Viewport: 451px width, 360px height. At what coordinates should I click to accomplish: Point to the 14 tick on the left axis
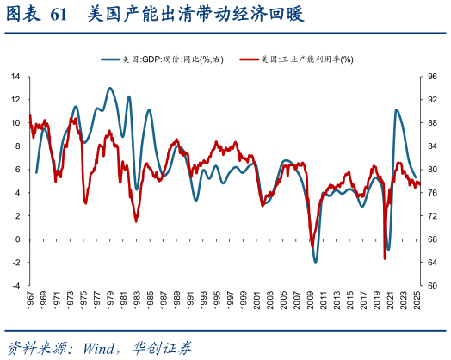pyautogui.click(x=15, y=76)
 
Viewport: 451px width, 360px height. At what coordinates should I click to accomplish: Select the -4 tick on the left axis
pyautogui.click(x=15, y=285)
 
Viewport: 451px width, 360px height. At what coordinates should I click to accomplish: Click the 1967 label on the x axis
pyautogui.click(x=30, y=304)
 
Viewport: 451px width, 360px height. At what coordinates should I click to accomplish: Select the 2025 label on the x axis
pyautogui.click(x=418, y=304)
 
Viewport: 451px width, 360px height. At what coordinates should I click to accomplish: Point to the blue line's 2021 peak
pyautogui.click(x=397, y=109)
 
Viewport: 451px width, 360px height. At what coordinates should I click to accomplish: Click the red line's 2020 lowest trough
pyautogui.click(x=385, y=258)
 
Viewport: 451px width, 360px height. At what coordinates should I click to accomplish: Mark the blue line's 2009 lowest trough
pyautogui.click(x=316, y=261)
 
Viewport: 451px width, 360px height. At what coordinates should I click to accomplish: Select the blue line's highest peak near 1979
pyautogui.click(x=110, y=88)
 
